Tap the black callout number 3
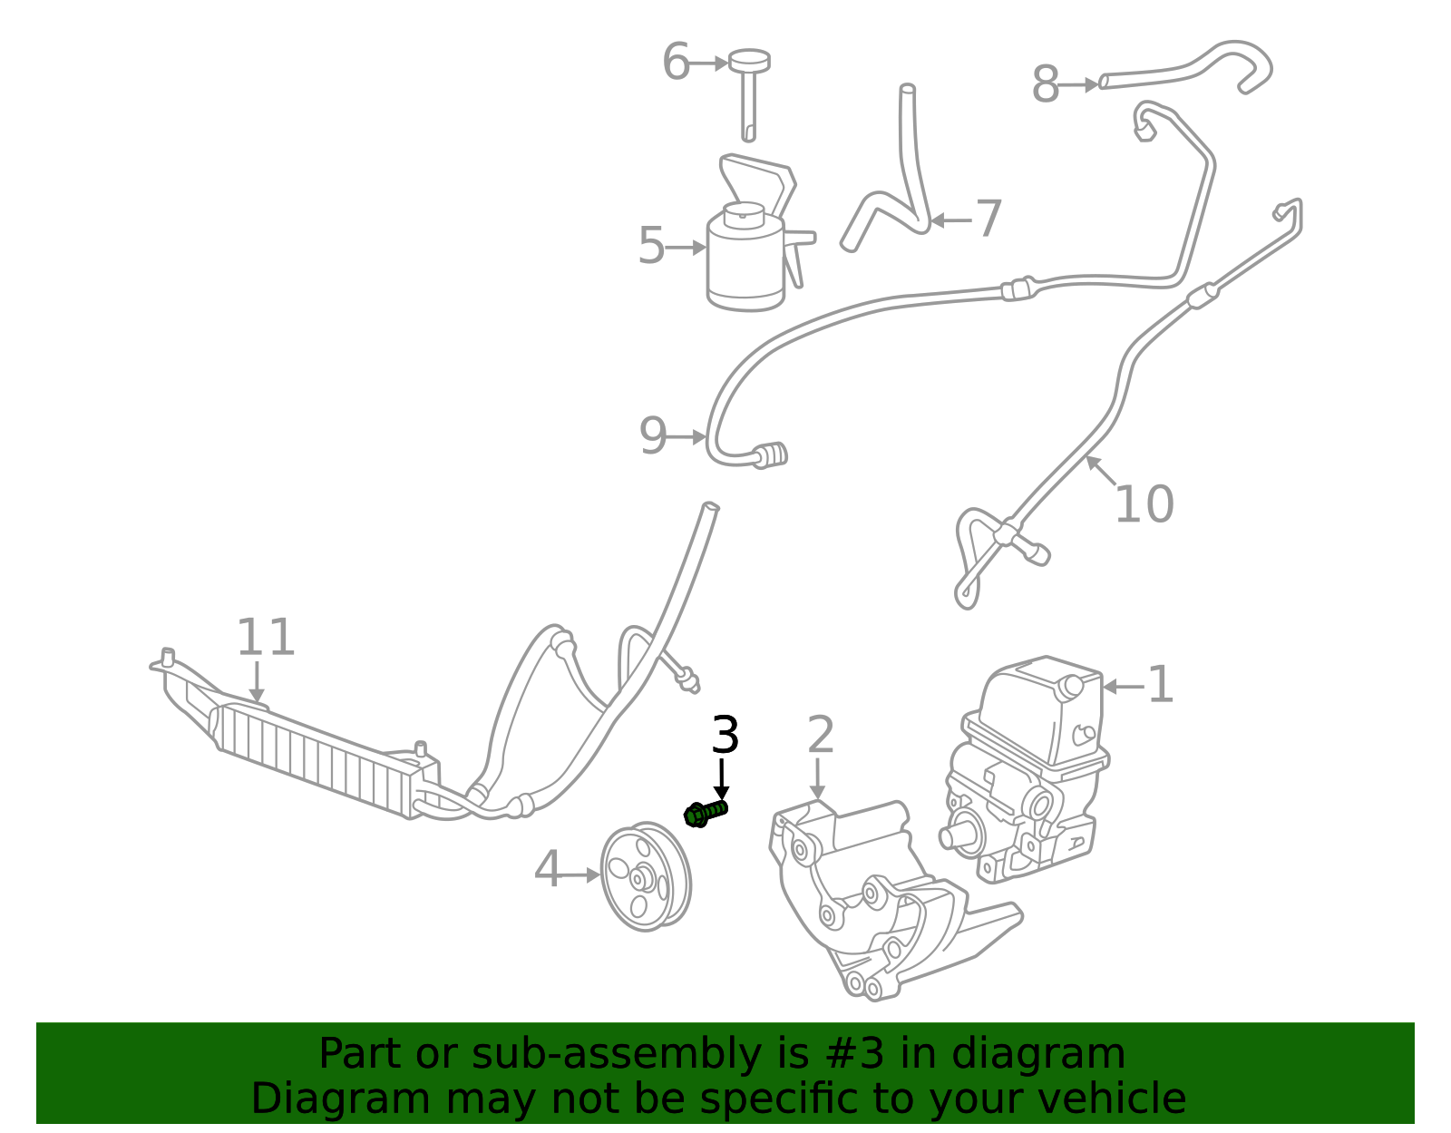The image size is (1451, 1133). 725,735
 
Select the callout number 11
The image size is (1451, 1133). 265,638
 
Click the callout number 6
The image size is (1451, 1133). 676,63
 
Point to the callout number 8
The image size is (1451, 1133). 1045,85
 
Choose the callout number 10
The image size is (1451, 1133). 1143,504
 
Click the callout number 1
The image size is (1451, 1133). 1160,685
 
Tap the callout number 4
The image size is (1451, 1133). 548,870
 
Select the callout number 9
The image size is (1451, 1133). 652,436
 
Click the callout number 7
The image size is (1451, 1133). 988,219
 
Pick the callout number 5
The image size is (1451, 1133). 650,246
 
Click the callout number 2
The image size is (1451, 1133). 820,735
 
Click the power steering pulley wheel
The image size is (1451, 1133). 645,876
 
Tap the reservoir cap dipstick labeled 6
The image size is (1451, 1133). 749,91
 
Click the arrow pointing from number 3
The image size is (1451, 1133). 722,778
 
